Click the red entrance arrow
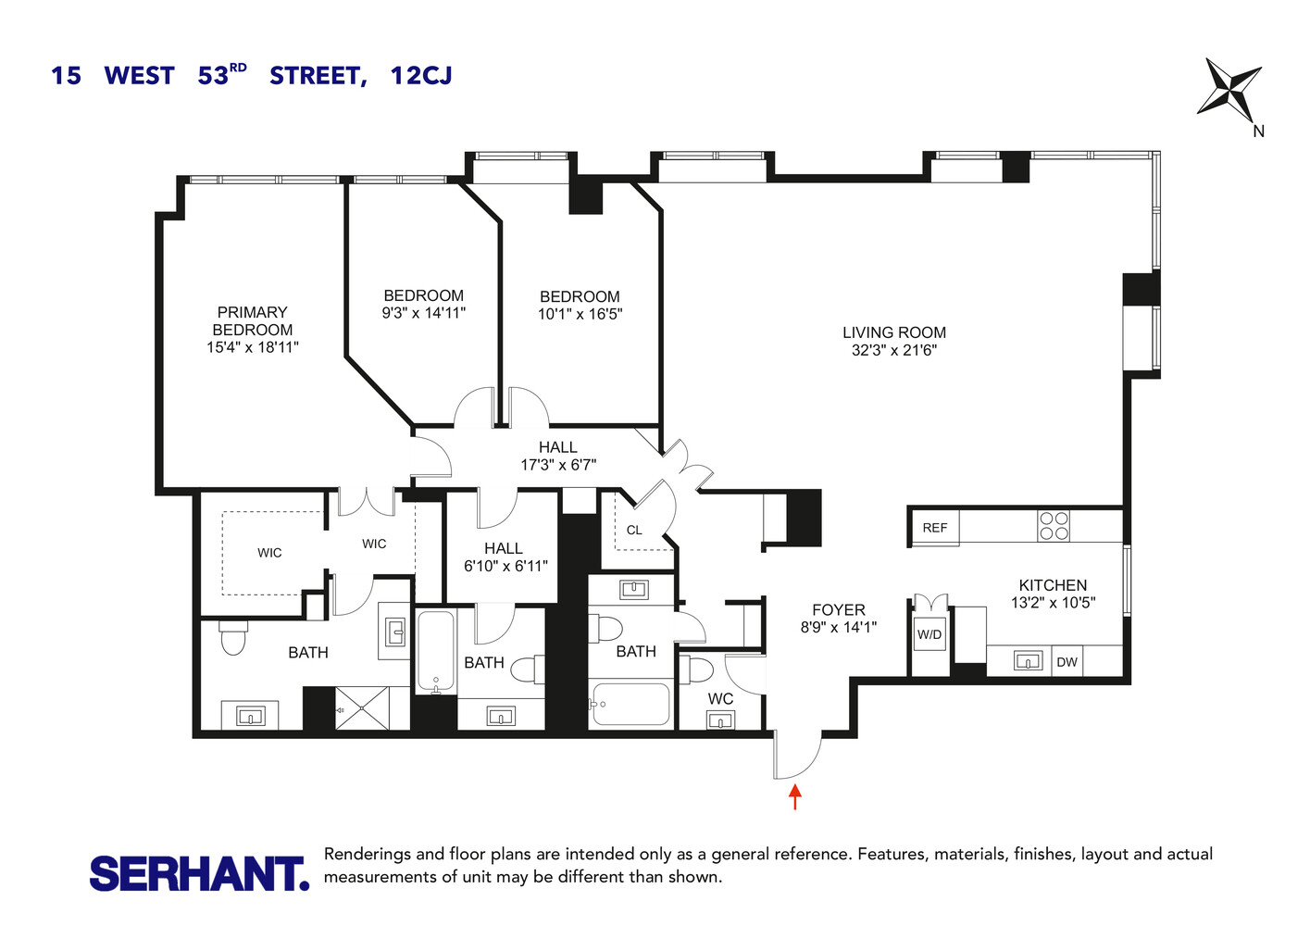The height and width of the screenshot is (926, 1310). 794,796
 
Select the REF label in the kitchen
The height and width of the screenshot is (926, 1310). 935,528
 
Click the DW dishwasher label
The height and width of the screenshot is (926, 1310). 1067,662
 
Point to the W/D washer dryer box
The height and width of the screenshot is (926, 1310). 929,634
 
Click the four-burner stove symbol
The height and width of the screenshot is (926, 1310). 1054,526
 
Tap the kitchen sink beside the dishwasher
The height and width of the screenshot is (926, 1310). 1028,661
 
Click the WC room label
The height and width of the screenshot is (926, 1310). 720,698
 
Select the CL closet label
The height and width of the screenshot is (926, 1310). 634,531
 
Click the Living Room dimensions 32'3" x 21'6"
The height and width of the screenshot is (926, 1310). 894,350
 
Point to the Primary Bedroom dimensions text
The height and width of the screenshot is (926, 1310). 253,347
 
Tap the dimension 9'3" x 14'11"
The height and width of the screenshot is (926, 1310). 424,313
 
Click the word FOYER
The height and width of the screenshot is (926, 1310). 839,609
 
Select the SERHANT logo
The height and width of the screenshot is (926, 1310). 199,873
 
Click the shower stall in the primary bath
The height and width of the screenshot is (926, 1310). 362,708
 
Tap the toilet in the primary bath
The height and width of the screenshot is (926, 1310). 233,636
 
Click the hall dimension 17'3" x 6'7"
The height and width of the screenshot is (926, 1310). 558,465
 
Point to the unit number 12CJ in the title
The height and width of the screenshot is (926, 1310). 421,75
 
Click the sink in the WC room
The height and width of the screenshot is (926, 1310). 720,720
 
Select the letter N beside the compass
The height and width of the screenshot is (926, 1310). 1258,131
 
